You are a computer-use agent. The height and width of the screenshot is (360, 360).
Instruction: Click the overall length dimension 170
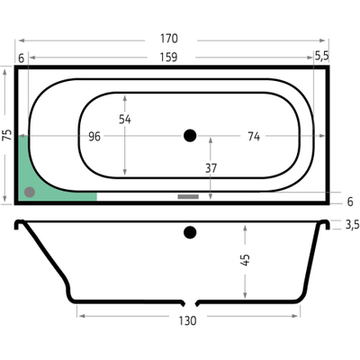click(x=169, y=39)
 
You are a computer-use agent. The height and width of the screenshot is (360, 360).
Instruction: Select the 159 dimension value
click(x=169, y=57)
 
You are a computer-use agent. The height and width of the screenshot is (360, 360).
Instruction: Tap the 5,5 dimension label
click(x=322, y=57)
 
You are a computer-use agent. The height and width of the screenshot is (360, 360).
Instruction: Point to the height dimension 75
click(x=7, y=136)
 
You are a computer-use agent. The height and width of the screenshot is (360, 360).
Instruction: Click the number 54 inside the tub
click(x=124, y=119)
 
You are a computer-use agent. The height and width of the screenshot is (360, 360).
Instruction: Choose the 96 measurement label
click(x=95, y=137)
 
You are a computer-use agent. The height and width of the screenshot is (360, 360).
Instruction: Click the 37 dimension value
click(x=211, y=167)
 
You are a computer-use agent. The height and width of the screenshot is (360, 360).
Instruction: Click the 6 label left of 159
click(x=21, y=58)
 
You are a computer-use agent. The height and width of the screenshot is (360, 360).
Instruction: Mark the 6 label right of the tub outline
click(x=350, y=202)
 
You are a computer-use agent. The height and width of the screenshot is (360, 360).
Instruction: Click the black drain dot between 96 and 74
click(x=189, y=136)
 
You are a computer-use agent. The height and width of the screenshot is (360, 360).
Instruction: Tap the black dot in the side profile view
click(x=189, y=233)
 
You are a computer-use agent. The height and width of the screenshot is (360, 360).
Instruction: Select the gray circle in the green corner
click(x=30, y=191)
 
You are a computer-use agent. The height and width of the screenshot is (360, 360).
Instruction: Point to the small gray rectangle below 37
click(x=188, y=195)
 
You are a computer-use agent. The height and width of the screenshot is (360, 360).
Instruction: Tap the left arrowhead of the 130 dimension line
click(x=79, y=316)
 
